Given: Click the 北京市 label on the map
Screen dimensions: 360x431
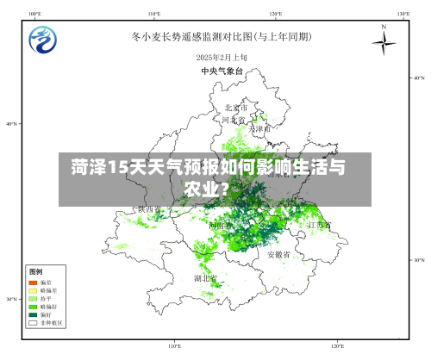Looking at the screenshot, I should tap(236, 109).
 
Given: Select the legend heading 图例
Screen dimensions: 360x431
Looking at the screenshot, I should tap(35, 270).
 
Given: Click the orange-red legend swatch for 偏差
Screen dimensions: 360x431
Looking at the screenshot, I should tap(34, 282).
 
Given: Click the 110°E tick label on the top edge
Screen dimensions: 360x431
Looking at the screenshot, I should tap(154, 14).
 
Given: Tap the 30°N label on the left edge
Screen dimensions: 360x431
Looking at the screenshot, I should tap(11, 300).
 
